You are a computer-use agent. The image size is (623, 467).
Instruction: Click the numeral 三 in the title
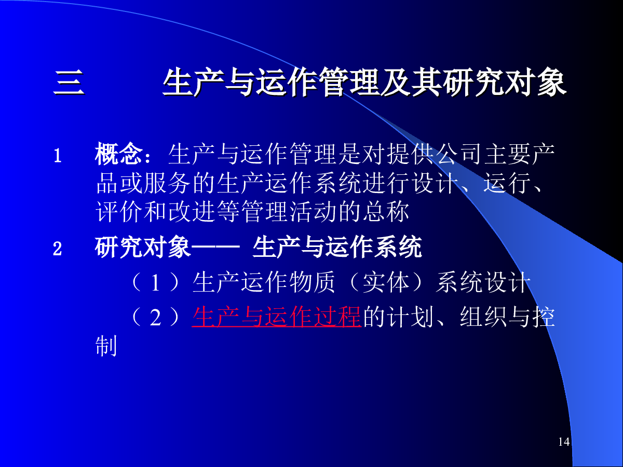click(x=69, y=83)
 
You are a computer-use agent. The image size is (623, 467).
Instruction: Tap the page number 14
click(x=564, y=442)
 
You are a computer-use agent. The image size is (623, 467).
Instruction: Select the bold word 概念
click(x=119, y=154)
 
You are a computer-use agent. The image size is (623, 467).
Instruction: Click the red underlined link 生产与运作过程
click(x=276, y=317)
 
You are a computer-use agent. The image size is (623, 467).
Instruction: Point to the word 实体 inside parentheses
click(x=386, y=282)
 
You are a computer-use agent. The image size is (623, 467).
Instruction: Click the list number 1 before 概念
click(x=58, y=155)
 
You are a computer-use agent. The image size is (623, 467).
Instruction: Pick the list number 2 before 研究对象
click(x=57, y=249)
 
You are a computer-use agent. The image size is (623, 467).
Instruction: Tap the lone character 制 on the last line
click(x=106, y=346)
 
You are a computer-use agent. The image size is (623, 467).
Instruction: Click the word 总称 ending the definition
click(x=386, y=212)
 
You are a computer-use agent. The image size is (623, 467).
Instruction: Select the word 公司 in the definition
click(x=459, y=154)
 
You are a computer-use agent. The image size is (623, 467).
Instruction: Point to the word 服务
click(x=167, y=183)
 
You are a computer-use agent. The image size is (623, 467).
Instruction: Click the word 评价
click(x=119, y=212)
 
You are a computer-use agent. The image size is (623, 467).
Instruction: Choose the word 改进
click(x=192, y=212)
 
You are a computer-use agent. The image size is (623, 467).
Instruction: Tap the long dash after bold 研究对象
click(x=215, y=247)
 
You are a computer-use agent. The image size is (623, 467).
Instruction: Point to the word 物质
click(x=312, y=282)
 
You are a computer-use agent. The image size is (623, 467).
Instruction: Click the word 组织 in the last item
click(x=483, y=317)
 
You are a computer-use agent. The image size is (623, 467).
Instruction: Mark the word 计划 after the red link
click(x=411, y=317)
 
